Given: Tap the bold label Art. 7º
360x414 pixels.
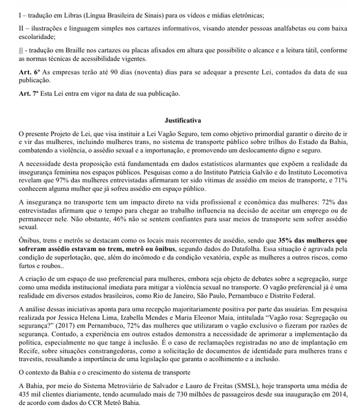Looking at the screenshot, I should click(x=29, y=94).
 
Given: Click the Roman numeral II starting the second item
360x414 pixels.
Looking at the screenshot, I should click(x=22, y=28).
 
